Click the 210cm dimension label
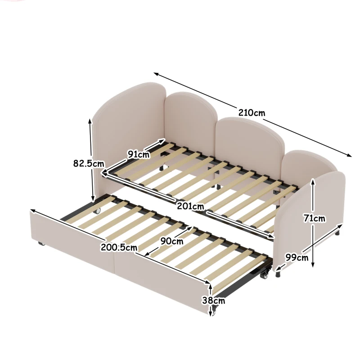252,113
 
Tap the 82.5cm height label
89,163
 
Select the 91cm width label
139,154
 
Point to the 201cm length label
190,206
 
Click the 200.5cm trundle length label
119,247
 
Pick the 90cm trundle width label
172,241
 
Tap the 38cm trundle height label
213,300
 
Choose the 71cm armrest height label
314,218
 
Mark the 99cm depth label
297,257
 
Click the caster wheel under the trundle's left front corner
41,243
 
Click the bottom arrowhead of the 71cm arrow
313,265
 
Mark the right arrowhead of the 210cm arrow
349,155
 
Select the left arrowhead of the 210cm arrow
156,74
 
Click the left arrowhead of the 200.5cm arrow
33,211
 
